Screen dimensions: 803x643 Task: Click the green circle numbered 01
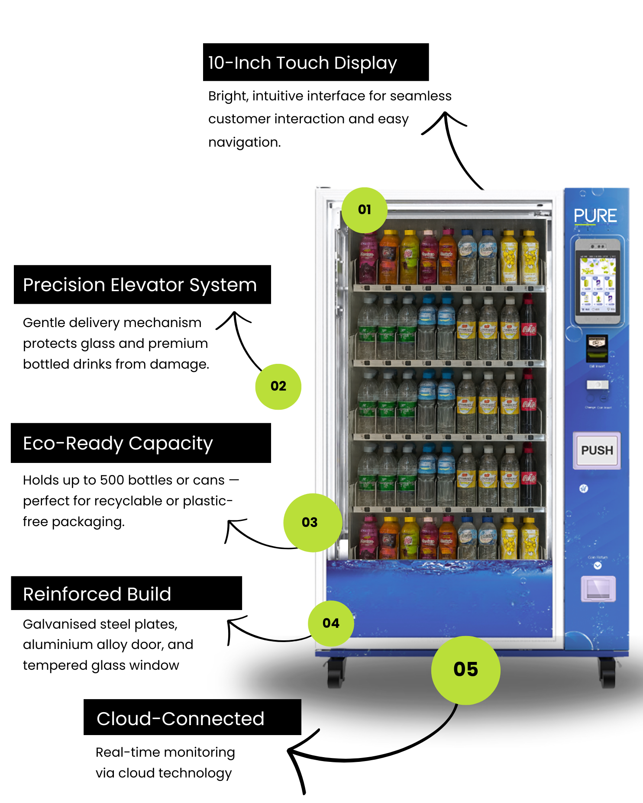point(364,210)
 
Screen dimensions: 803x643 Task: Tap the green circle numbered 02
point(278,386)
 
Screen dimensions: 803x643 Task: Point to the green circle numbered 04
point(331,623)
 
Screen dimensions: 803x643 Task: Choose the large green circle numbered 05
point(465,670)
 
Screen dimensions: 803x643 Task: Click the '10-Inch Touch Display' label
point(302,63)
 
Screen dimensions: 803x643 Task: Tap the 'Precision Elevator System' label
point(140,285)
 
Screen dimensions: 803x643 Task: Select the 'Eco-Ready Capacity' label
point(118,443)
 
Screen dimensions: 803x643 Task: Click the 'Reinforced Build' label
point(97,594)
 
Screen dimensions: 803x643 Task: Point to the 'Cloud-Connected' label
point(180,719)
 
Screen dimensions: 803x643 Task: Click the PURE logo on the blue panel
point(595,216)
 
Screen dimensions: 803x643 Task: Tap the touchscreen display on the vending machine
point(598,283)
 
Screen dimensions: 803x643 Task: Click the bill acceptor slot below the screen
point(597,348)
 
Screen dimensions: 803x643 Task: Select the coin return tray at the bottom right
point(598,589)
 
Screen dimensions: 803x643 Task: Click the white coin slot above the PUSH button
point(598,385)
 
